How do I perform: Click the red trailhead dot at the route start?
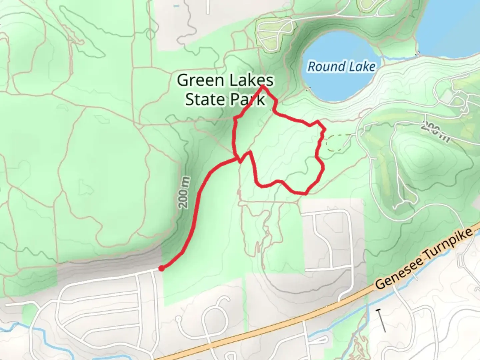(161, 268)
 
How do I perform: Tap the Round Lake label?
(341, 66)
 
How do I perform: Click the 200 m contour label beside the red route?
(185, 193)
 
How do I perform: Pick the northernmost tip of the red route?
(263, 87)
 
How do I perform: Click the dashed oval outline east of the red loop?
(337, 143)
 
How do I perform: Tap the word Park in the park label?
(249, 99)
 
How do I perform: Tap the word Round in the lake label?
(321, 66)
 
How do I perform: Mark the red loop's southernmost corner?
(305, 193)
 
